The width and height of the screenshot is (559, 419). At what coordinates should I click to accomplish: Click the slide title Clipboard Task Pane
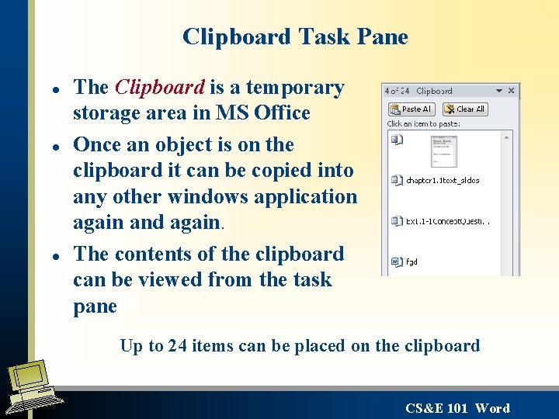tap(295, 37)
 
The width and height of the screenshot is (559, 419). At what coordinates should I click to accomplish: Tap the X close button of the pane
tap(511, 91)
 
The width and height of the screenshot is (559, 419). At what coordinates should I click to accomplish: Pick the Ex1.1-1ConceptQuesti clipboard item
tap(446, 221)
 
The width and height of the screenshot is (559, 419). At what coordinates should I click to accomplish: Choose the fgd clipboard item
tap(411, 261)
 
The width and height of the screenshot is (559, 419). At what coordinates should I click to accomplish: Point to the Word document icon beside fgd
tap(396, 261)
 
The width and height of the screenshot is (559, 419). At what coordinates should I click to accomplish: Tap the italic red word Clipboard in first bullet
tap(159, 88)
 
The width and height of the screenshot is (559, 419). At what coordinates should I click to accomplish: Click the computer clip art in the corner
tap(31, 388)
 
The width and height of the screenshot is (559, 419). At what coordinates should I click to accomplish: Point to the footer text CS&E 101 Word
tap(457, 408)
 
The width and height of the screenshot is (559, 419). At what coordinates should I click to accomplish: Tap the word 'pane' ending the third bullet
tap(95, 306)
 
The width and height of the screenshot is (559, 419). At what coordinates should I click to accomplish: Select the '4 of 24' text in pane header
tap(398, 91)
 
